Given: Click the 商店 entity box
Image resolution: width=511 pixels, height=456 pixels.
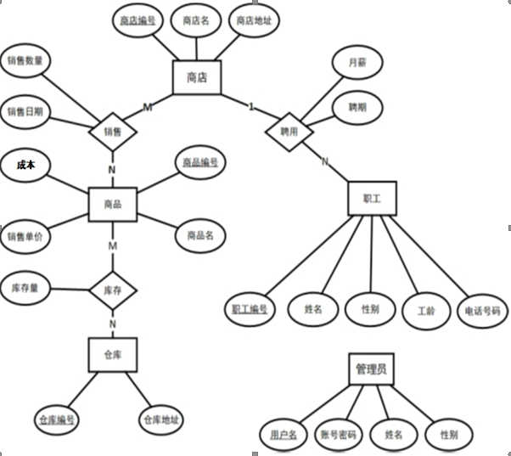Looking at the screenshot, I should pos(196,78).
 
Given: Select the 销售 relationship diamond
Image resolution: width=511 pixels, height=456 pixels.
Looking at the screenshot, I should pos(113,132).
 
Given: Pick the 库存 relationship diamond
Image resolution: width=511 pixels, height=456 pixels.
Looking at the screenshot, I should pos(113,290).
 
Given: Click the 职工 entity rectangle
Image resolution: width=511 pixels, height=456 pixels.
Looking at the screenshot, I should pos(372,198).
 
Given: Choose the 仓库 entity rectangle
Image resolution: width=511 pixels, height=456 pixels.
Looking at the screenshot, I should pos(112,353).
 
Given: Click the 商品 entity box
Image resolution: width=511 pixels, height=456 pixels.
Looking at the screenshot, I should pos(112,204).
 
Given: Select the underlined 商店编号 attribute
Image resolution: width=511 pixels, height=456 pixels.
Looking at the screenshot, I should pos(138,20).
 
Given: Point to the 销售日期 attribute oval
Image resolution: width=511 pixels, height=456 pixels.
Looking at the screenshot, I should pos(25,111).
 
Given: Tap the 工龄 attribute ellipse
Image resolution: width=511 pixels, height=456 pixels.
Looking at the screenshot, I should pos(425,310).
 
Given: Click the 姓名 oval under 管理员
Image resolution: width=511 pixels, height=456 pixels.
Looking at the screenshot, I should pos(393,435).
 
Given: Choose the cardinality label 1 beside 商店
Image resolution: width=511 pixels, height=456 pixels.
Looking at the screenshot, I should pos(250,106).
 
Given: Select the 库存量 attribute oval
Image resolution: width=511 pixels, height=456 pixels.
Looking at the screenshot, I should pos(26,289).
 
